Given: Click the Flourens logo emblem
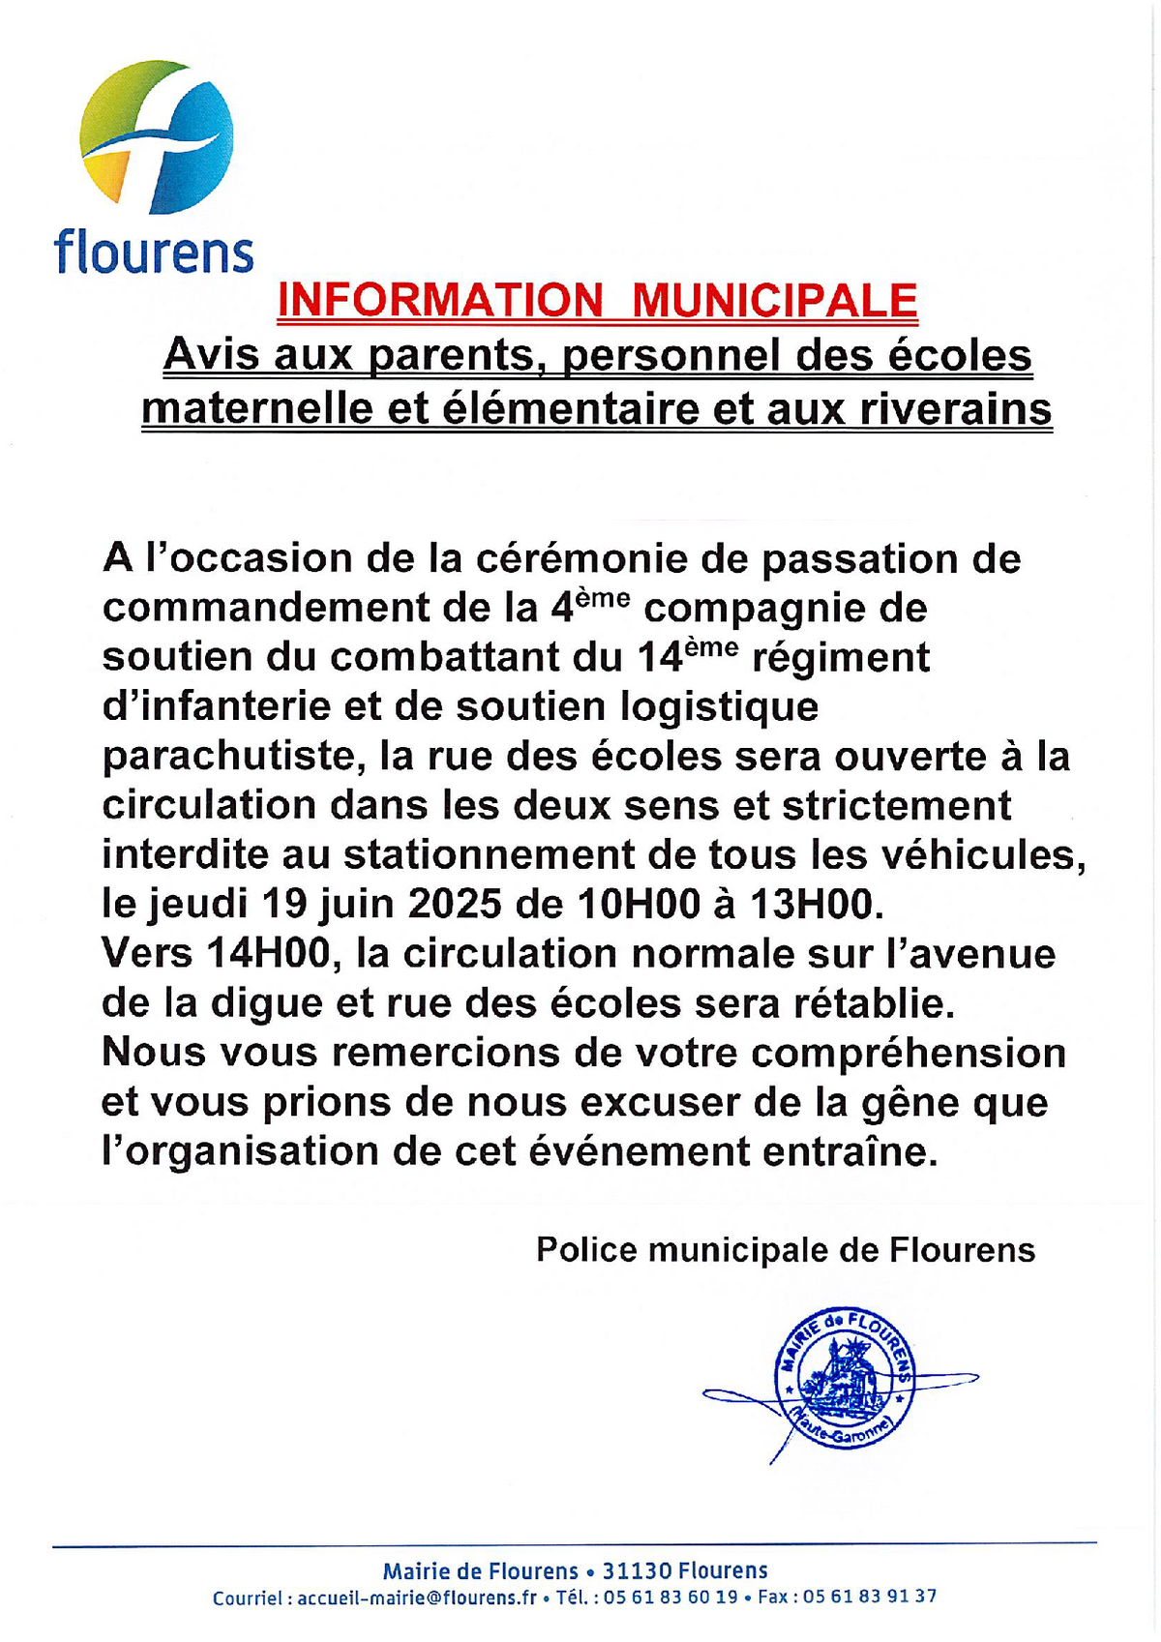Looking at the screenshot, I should [156, 136].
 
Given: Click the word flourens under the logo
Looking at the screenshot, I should [155, 252].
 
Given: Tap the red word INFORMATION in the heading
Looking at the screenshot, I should [439, 300].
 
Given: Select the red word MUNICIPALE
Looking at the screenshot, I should [774, 300].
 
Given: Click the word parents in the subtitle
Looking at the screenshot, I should [451, 355].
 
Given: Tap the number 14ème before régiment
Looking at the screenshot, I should [688, 656].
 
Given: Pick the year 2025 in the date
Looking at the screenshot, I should [455, 904].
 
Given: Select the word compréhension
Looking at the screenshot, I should [908, 1053].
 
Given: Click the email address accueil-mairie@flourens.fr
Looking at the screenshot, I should [416, 1597].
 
